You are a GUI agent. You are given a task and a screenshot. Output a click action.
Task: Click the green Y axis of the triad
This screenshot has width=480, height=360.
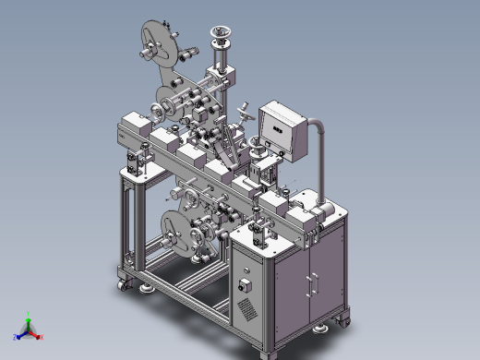point(28,324)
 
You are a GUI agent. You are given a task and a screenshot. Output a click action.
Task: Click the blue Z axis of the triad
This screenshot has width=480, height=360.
point(19,336)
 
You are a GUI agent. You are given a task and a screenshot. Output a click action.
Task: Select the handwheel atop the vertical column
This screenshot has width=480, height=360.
point(220,38)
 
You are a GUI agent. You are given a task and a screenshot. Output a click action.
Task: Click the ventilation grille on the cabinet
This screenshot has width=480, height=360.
point(246,306)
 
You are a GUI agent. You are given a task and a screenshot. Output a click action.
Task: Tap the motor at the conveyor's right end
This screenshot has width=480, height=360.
point(322,213)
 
